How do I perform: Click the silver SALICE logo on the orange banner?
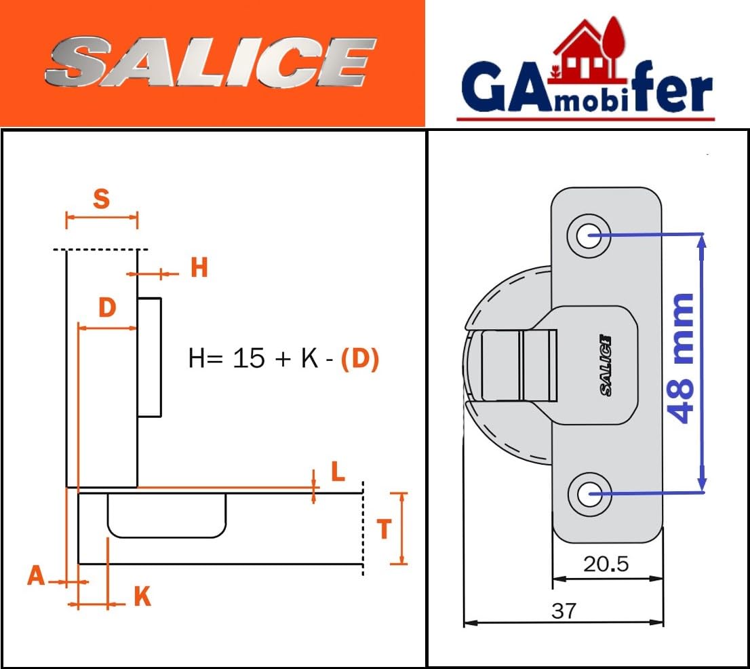(211, 62)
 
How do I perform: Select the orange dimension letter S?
(102, 199)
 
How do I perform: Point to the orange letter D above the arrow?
(108, 307)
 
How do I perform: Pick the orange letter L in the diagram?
(338, 472)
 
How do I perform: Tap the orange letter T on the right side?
(384, 529)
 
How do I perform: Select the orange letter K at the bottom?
(142, 597)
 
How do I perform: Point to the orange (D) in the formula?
(359, 359)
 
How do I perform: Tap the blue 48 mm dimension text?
(680, 358)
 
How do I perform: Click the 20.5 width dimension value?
(606, 565)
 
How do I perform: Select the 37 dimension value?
(564, 611)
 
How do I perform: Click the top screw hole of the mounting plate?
(589, 235)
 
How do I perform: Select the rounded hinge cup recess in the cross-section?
(166, 516)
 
